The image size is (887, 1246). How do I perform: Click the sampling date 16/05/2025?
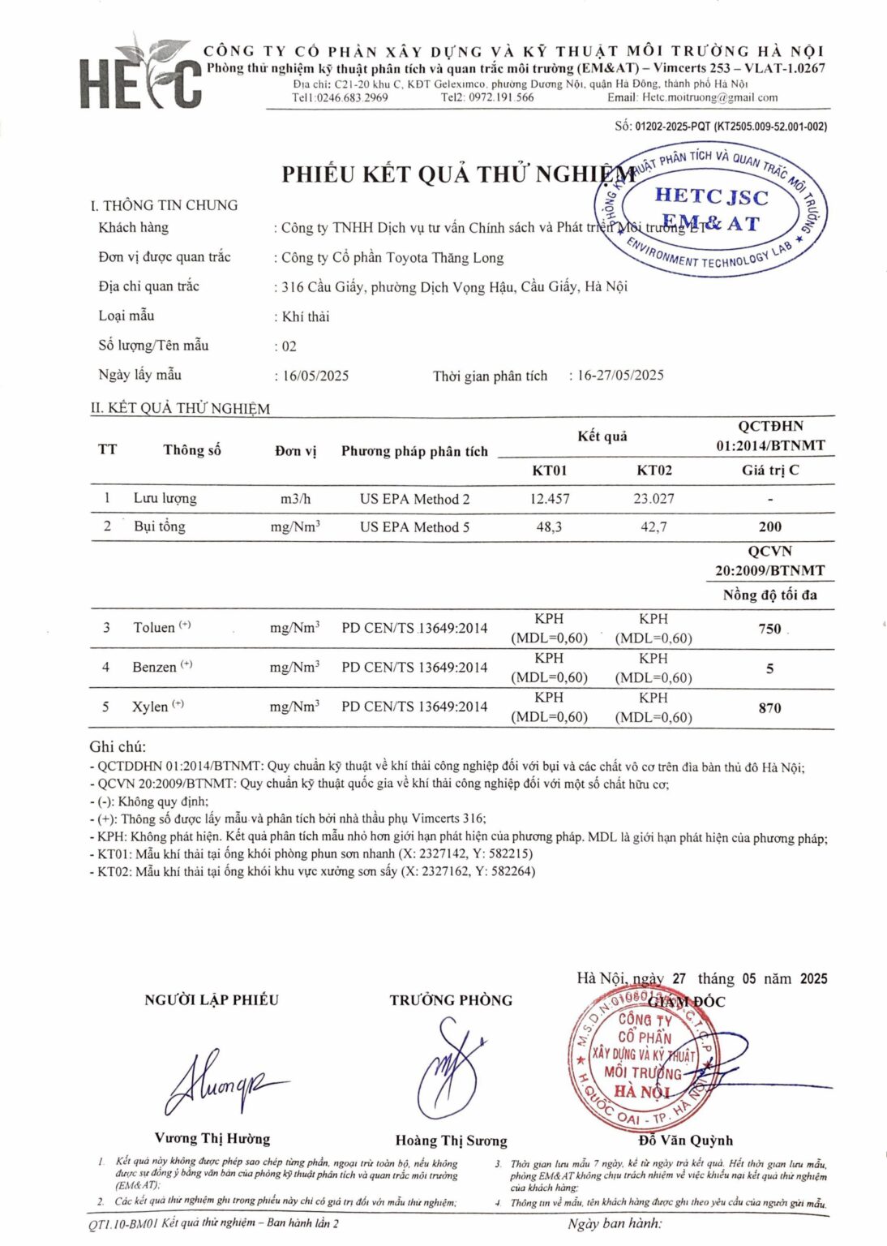point(315,376)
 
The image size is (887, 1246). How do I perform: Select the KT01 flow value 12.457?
point(549,498)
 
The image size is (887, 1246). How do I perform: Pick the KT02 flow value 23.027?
point(653,498)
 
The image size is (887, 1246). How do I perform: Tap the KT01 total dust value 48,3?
point(549,526)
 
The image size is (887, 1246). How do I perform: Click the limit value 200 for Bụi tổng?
point(769,526)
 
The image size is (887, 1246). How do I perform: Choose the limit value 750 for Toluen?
point(769,628)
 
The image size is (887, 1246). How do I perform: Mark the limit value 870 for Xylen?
point(769,707)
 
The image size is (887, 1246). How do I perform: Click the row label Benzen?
point(154,667)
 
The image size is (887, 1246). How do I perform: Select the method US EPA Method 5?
point(414,526)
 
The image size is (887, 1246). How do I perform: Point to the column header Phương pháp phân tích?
point(414,451)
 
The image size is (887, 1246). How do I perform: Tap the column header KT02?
point(653,470)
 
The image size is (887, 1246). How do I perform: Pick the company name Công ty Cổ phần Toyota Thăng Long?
point(392,258)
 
